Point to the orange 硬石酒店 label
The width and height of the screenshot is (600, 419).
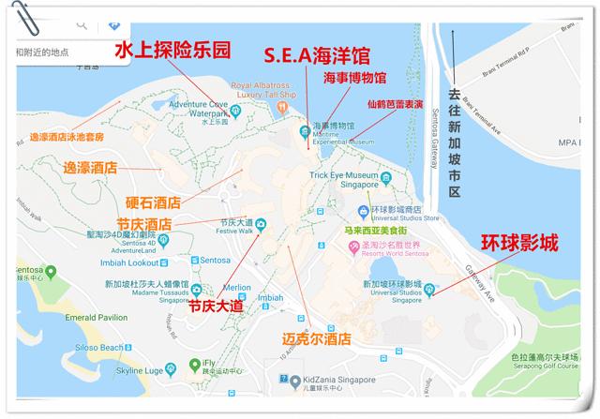153,202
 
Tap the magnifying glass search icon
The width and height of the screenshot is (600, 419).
82,23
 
